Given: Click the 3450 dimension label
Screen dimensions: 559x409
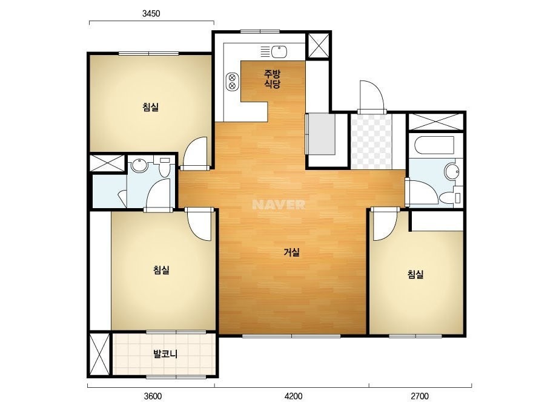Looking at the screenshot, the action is [x=151, y=13].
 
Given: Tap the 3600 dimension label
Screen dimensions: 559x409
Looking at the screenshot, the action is [x=153, y=396].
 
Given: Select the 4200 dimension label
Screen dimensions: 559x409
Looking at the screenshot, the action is [x=293, y=396].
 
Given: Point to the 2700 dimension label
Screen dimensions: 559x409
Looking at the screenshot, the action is [x=420, y=396].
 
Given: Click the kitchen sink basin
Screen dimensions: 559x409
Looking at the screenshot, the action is [x=279, y=51].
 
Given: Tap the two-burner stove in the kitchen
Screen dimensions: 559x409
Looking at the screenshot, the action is [x=232, y=81].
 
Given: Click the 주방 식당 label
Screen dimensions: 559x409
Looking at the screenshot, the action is [x=272, y=79].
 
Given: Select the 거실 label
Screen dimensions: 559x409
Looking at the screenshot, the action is [x=292, y=252].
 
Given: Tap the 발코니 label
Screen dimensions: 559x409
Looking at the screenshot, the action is [x=165, y=354].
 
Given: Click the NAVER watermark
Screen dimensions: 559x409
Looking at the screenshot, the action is [x=279, y=204].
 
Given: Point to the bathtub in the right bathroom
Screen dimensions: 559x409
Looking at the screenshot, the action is [x=435, y=145].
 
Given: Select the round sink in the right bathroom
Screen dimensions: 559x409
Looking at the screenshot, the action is [x=452, y=172].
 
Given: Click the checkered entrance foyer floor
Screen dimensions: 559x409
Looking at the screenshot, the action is [x=371, y=141].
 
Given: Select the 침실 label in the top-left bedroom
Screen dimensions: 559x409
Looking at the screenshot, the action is [x=150, y=107].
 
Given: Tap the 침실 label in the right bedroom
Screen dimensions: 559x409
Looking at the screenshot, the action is [x=415, y=274].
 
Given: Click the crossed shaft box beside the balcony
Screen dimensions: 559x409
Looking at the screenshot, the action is [x=99, y=354].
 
